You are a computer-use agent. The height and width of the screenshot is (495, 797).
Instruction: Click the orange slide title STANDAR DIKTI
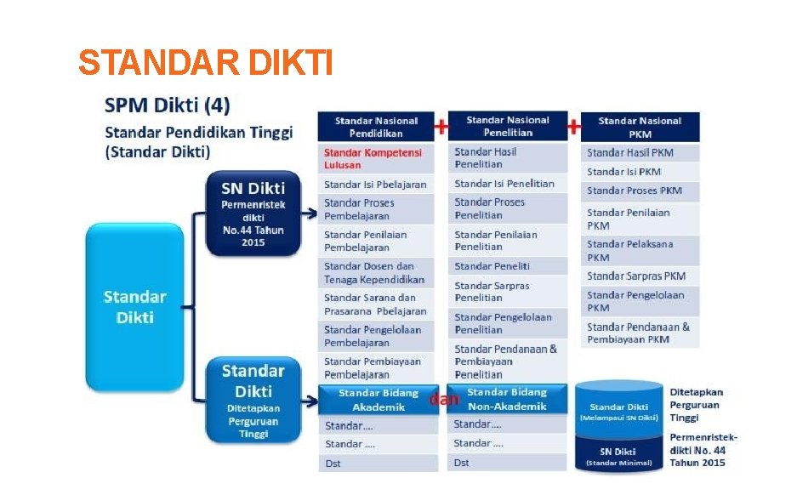point(205,62)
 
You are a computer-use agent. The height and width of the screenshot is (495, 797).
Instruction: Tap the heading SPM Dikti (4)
point(167,106)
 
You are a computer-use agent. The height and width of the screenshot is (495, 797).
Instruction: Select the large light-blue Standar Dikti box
point(134,307)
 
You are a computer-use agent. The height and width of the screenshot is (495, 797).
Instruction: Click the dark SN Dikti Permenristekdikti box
point(253,212)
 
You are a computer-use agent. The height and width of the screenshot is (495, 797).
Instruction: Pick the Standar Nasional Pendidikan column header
point(375,127)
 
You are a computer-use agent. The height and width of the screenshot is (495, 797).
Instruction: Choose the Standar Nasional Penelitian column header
point(508,127)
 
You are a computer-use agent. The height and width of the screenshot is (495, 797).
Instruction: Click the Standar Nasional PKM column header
point(640,127)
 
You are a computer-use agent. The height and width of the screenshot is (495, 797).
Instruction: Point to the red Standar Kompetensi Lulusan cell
point(375,158)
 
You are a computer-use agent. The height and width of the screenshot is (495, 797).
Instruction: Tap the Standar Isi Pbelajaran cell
point(375,184)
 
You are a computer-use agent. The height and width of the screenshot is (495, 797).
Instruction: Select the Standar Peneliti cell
point(507,266)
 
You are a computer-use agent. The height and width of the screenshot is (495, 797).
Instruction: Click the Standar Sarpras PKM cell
point(640,276)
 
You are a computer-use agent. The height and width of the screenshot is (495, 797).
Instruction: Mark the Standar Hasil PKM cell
point(640,153)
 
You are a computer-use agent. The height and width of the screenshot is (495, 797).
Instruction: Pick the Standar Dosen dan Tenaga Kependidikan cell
point(375,273)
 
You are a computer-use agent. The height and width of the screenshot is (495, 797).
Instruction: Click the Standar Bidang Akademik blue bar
point(378,400)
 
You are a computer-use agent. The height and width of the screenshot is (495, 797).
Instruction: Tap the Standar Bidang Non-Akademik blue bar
point(507,399)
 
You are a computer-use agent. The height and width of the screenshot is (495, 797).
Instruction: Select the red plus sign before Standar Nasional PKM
point(574,127)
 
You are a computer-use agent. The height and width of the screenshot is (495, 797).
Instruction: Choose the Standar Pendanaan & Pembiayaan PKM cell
point(640,333)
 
